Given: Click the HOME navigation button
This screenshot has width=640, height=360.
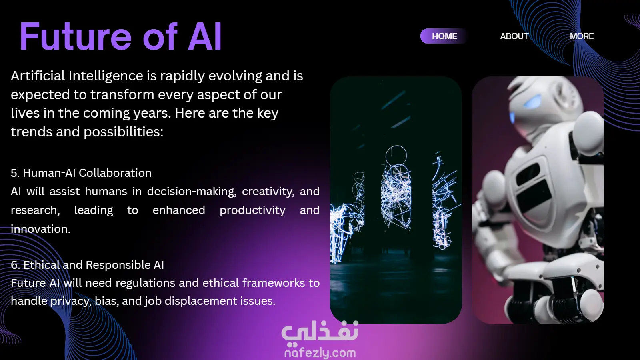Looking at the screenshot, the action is point(444,36).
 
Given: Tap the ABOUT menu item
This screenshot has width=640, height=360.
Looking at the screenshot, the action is point(514,36).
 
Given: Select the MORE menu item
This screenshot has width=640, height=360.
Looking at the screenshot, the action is point(582,36).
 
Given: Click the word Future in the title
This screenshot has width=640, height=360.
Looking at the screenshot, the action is point(76,36).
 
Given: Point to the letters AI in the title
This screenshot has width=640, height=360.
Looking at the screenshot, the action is point(204,36).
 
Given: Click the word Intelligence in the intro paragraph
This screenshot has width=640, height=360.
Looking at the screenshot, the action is point(106,76).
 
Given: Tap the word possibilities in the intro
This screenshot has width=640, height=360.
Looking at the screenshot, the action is point(124,132).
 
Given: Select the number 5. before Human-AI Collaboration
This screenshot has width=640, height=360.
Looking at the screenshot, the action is point(15,173).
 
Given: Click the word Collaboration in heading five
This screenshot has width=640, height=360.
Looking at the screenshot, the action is point(115,173).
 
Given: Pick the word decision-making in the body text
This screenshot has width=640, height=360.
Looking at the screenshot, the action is point(192,192).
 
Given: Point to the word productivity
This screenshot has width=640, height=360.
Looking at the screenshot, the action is point(252,210).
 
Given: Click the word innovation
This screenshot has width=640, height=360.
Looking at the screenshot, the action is point(40,229).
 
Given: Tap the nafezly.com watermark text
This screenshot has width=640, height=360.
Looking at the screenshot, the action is point(320,353).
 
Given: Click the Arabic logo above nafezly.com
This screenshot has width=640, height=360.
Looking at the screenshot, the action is point(320,332).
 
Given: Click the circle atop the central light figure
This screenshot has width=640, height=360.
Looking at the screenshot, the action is point(396,156).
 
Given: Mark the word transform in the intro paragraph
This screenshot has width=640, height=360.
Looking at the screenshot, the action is point(122,94).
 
